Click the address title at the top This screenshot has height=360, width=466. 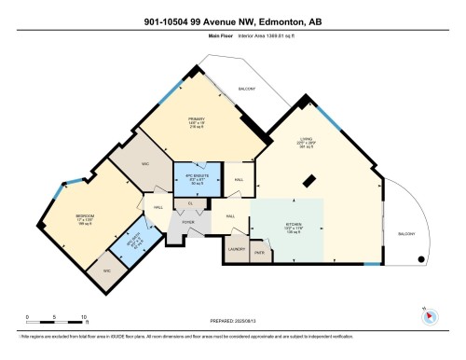(x=233, y=21)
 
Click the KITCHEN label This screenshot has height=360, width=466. (x=295, y=226)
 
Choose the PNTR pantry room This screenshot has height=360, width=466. (x=259, y=252)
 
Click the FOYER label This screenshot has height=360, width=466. (x=187, y=222)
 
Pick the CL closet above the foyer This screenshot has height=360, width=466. (x=190, y=203)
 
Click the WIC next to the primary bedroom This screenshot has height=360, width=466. (x=146, y=163)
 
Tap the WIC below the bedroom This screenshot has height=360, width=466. (x=106, y=270)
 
